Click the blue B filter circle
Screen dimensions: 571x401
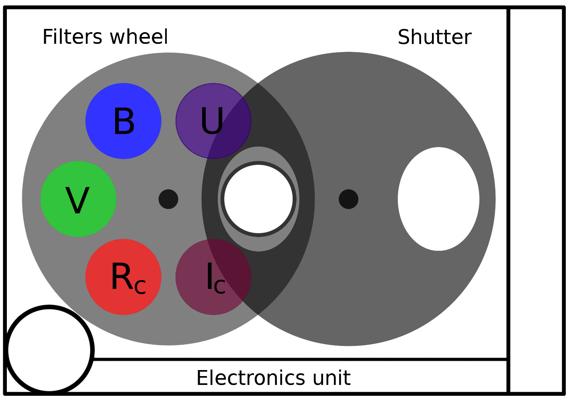click(123, 121)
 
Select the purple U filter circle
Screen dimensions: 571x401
click(213, 121)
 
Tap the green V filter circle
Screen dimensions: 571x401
click(78, 199)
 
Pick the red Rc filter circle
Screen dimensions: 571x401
click(123, 277)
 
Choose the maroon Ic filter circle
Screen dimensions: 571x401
click(213, 277)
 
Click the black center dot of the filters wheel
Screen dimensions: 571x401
click(168, 199)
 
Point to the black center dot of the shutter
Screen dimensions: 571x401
click(348, 199)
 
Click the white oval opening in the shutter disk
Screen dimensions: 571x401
click(438, 199)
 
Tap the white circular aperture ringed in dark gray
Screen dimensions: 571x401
click(258, 199)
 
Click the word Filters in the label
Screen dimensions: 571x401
click(72, 37)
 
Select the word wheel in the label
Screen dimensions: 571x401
click(139, 37)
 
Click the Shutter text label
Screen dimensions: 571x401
click(435, 37)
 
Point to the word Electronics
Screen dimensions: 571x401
click(251, 378)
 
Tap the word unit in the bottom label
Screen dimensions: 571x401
click(332, 378)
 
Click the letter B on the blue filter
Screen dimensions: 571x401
click(124, 121)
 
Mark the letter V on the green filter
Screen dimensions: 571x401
click(78, 200)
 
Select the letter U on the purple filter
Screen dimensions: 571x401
click(212, 121)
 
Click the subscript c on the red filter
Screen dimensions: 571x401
click(140, 287)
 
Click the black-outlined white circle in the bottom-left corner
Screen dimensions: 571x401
click(49, 350)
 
